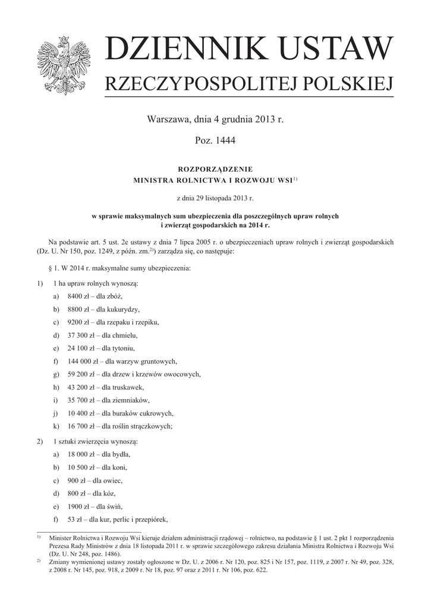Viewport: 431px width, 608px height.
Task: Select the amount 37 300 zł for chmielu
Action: (x=80, y=335)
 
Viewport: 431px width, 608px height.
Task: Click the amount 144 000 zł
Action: (x=82, y=361)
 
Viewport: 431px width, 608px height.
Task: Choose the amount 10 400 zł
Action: (x=80, y=413)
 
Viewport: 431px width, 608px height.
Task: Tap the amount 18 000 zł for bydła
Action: (x=80, y=454)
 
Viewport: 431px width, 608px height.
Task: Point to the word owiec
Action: (x=112, y=480)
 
